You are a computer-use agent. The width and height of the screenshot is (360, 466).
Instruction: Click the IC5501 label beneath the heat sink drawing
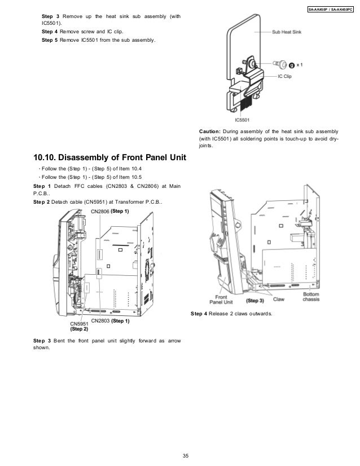pyautogui.click(x=243, y=119)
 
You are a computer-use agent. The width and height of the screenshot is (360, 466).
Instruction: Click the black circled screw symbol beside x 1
pyautogui.click(x=293, y=65)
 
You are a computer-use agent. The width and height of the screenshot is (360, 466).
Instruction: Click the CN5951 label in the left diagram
pyautogui.click(x=78, y=324)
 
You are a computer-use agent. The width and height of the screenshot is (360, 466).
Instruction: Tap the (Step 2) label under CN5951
pyautogui.click(x=79, y=329)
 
